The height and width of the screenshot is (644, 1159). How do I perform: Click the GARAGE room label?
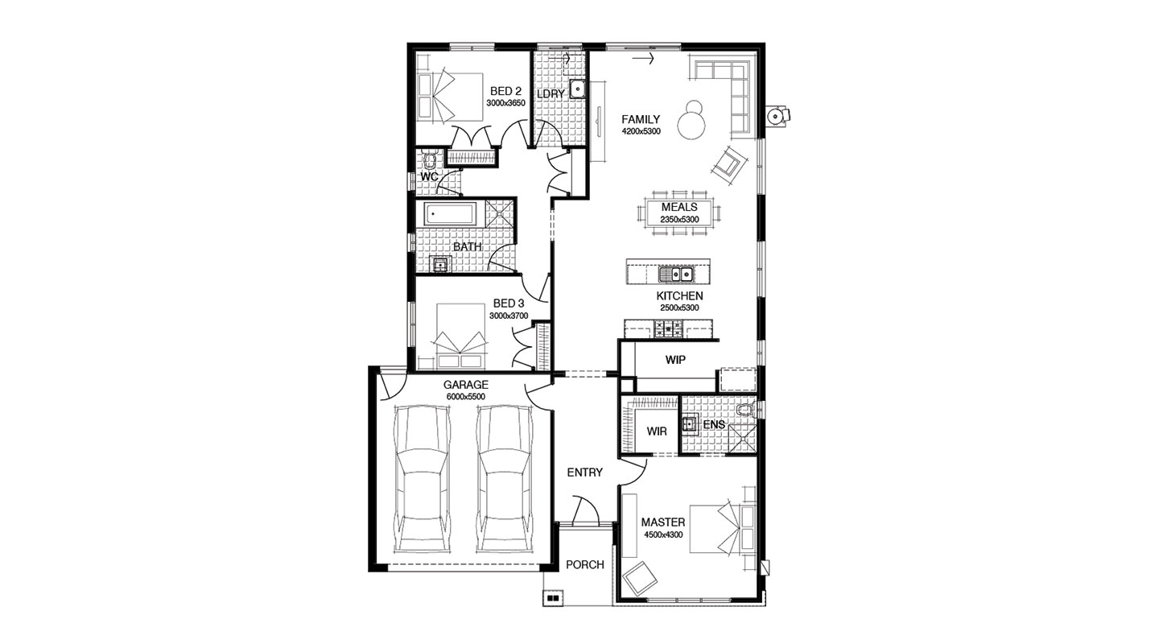tap(465, 385)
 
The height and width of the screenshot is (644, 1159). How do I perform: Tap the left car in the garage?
tap(423, 479)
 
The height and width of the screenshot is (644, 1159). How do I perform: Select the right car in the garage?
tap(505, 479)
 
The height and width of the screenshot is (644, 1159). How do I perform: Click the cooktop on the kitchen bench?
tap(669, 328)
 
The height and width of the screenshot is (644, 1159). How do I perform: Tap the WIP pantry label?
tap(675, 360)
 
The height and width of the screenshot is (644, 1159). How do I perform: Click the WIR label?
tap(657, 431)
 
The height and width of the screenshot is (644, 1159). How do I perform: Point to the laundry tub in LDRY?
tap(576, 88)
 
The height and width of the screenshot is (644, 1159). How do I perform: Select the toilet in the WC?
tap(428, 159)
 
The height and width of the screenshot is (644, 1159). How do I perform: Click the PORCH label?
tap(585, 564)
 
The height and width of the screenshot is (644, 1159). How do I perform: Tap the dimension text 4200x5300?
tap(641, 131)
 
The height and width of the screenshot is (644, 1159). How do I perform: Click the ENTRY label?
tap(584, 473)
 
